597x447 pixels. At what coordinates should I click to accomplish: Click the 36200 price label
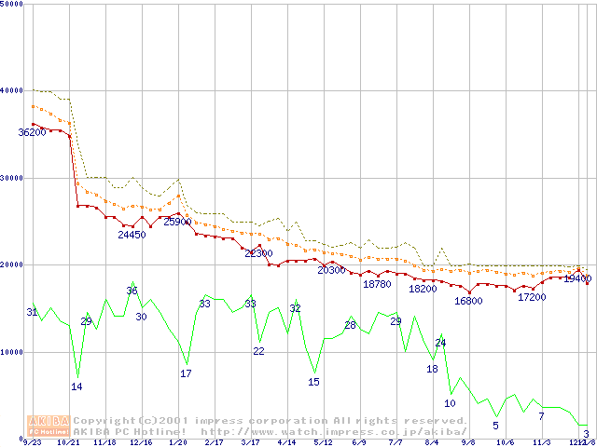click(x=32, y=133)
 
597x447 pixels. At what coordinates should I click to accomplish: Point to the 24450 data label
click(x=132, y=235)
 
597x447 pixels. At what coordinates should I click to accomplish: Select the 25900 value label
click(x=177, y=222)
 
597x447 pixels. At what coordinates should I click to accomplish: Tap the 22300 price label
click(x=258, y=253)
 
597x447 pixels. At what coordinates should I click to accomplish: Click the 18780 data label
click(x=377, y=284)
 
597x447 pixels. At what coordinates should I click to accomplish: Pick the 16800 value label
click(x=468, y=301)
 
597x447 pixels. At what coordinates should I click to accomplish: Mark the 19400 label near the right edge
click(x=577, y=278)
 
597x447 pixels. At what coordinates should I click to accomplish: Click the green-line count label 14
click(x=76, y=386)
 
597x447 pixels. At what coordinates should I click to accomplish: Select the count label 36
click(x=132, y=291)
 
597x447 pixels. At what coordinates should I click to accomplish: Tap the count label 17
click(x=186, y=373)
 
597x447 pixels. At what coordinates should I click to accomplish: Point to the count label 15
click(x=313, y=382)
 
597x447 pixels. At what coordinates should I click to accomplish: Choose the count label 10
click(x=450, y=403)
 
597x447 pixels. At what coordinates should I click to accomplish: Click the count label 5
click(x=495, y=426)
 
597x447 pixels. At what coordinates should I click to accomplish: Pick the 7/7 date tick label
click(x=396, y=443)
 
